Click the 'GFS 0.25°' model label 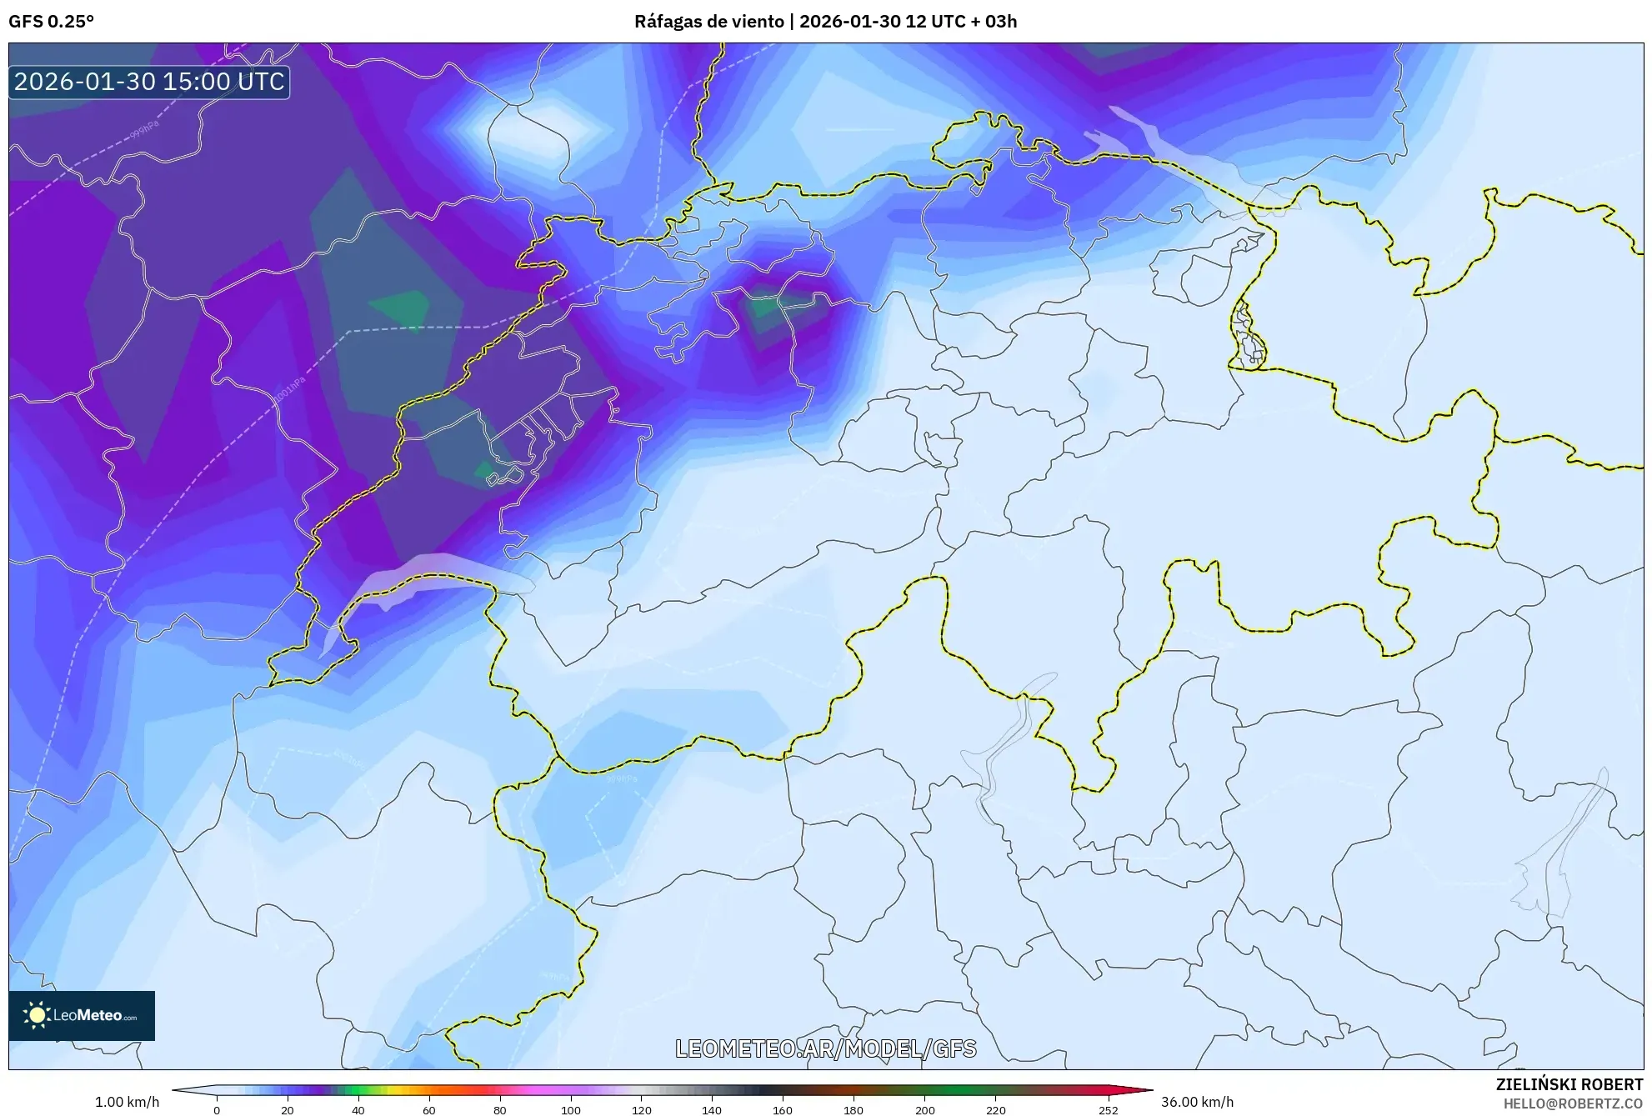[x=51, y=22]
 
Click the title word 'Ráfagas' [x=667, y=22]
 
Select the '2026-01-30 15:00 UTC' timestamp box [x=149, y=82]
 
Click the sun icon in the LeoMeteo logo [x=37, y=1014]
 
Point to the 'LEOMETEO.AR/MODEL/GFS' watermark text [x=825, y=1048]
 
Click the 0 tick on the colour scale [x=217, y=1109]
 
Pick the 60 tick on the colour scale [x=428, y=1109]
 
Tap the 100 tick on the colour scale [x=570, y=1109]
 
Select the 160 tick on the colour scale [x=782, y=1109]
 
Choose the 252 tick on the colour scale [x=1108, y=1109]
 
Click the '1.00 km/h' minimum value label [x=127, y=1102]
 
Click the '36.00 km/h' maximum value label [x=1197, y=1102]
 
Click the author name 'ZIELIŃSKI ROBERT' [x=1569, y=1084]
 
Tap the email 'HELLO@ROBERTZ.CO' [x=1572, y=1103]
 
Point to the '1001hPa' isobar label [x=289, y=391]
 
